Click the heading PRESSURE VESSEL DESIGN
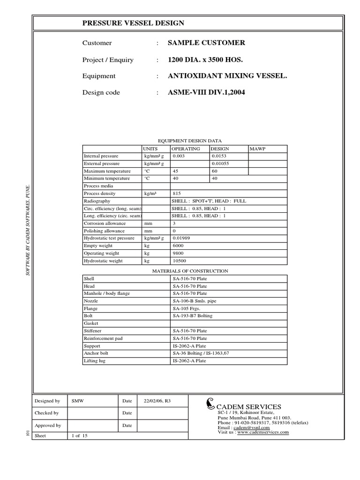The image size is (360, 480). [x=133, y=23]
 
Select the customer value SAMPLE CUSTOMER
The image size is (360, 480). [x=206, y=43]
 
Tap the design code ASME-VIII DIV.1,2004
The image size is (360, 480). [x=206, y=92]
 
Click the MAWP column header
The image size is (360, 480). [x=257, y=149]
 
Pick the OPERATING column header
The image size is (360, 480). [x=186, y=149]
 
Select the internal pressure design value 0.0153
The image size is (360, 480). [x=219, y=156]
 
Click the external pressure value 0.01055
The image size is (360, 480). [x=221, y=164]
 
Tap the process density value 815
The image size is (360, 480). [x=177, y=194]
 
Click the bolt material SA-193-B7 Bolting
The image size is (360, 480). [x=192, y=316]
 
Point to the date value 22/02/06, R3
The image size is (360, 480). [x=157, y=401]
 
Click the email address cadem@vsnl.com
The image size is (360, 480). [x=252, y=427]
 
